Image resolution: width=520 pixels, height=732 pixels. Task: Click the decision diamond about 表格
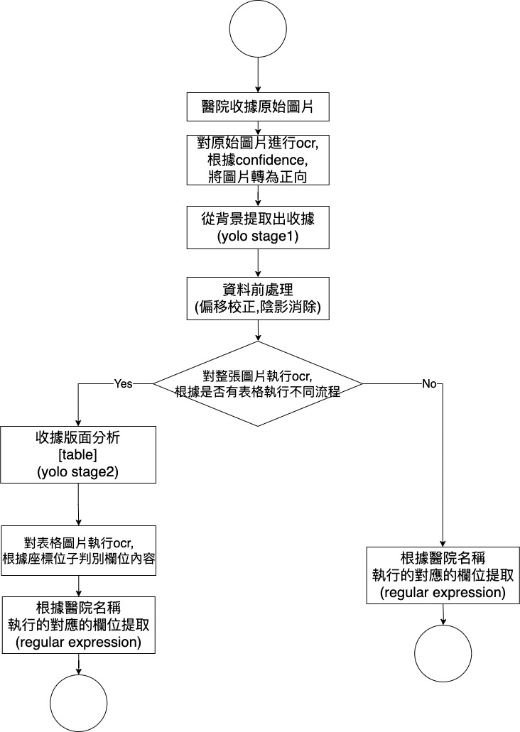pyautogui.click(x=258, y=383)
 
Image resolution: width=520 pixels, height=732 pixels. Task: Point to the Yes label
pyautogui.click(x=123, y=383)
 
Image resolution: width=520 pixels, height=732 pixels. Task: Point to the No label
pyautogui.click(x=429, y=383)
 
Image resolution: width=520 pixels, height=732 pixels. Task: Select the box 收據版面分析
pyautogui.click(x=77, y=454)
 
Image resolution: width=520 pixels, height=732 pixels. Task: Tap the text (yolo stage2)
pyautogui.click(x=77, y=470)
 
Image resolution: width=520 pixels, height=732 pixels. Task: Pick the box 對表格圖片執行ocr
pyautogui.click(x=77, y=551)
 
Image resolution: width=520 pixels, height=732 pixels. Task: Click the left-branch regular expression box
pyautogui.click(x=77, y=624)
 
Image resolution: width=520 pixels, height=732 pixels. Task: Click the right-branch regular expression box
pyautogui.click(x=443, y=575)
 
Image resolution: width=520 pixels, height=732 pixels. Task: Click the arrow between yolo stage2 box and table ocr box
pyautogui.click(x=77, y=504)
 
